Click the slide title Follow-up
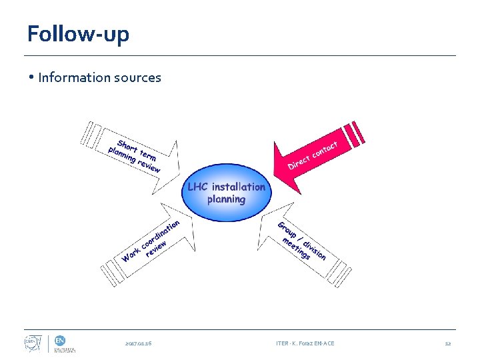pyautogui.click(x=78, y=33)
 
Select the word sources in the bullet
pyautogui.click(x=139, y=77)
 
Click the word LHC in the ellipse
pyautogui.click(x=198, y=187)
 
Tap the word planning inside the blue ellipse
pyautogui.click(x=226, y=199)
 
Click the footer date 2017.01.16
pyautogui.click(x=138, y=343)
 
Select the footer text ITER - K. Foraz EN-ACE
pyautogui.click(x=305, y=343)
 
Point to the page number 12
pyautogui.click(x=448, y=343)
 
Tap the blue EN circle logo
pyautogui.click(x=60, y=339)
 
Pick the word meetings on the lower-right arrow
pyautogui.click(x=296, y=248)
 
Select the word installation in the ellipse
pyautogui.click(x=238, y=187)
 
